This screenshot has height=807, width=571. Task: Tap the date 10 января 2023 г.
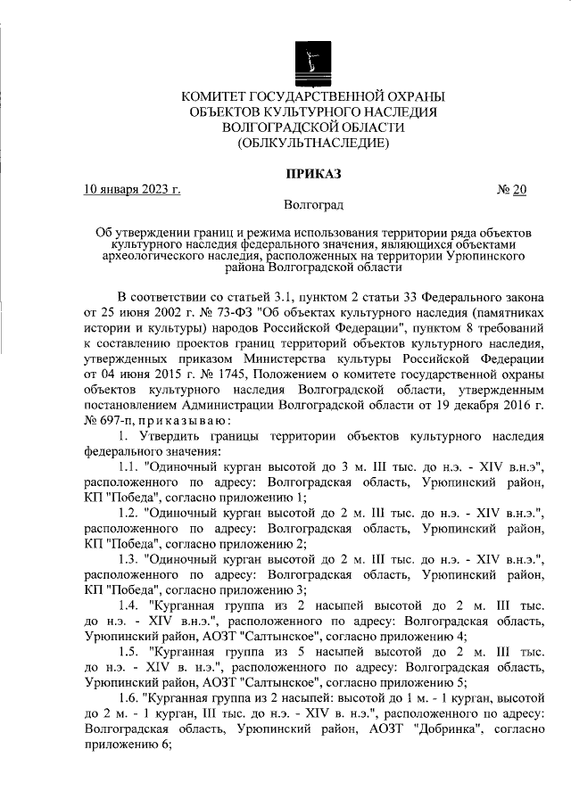pos(132,189)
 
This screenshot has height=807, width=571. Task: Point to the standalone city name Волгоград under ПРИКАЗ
pos(312,205)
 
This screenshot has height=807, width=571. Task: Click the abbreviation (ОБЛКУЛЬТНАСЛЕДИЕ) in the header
pos(312,143)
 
